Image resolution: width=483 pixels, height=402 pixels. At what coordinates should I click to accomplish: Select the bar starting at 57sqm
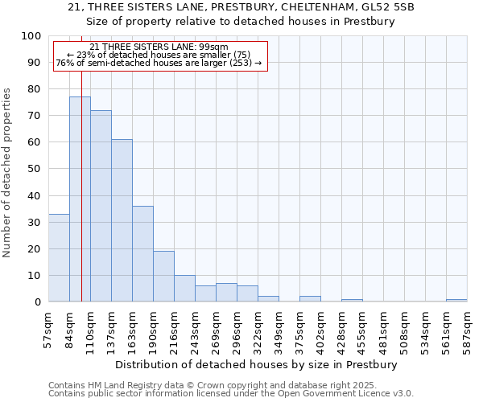[x=59, y=258]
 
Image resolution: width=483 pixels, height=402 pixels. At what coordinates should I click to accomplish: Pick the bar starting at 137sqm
[x=122, y=220]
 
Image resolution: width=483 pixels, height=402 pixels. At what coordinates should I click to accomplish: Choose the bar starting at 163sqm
[x=142, y=254]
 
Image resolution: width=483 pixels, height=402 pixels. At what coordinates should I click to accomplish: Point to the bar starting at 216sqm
[x=184, y=289]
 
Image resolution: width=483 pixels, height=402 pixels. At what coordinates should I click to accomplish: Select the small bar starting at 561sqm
[x=456, y=301]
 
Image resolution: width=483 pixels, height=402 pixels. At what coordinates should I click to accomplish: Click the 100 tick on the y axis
[x=31, y=36]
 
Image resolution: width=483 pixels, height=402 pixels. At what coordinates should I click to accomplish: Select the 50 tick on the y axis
[x=35, y=169]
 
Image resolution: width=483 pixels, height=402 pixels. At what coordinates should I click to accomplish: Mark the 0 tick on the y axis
[x=38, y=302]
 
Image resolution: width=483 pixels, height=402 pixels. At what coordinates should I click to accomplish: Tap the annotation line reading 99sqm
[x=159, y=47]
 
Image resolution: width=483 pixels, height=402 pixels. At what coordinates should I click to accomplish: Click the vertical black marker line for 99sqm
[x=81, y=201]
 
